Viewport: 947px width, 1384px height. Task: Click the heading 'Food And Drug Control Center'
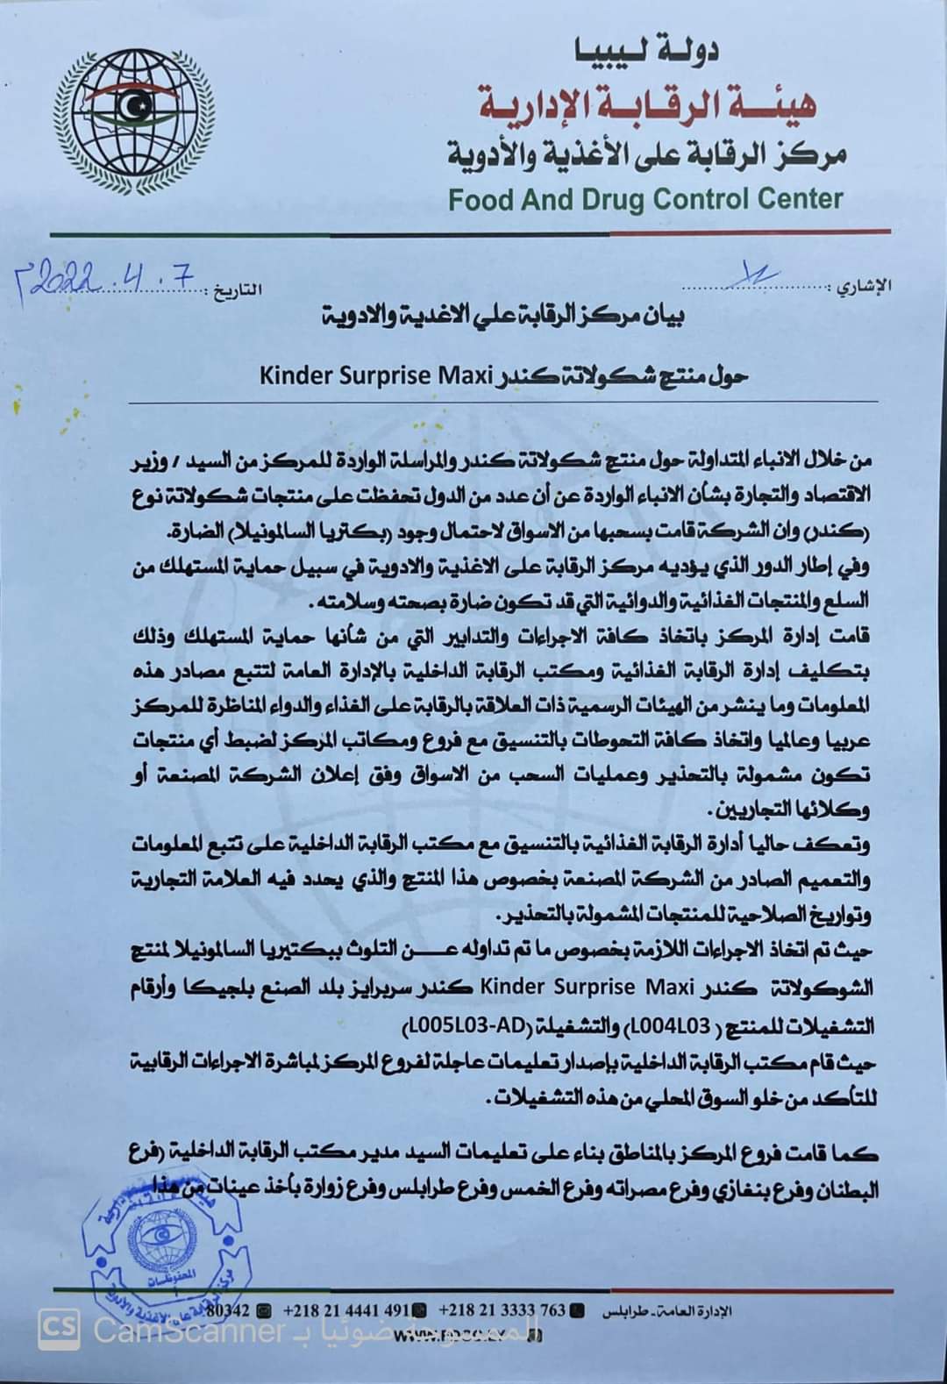644,200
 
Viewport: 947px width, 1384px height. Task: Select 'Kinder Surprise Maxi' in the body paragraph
559,986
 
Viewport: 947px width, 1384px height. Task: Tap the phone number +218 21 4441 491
348,1310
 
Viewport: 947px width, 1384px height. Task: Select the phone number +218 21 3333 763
502,1310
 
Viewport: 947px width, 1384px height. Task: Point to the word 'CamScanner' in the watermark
189,1331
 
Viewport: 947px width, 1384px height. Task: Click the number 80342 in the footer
231,1310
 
